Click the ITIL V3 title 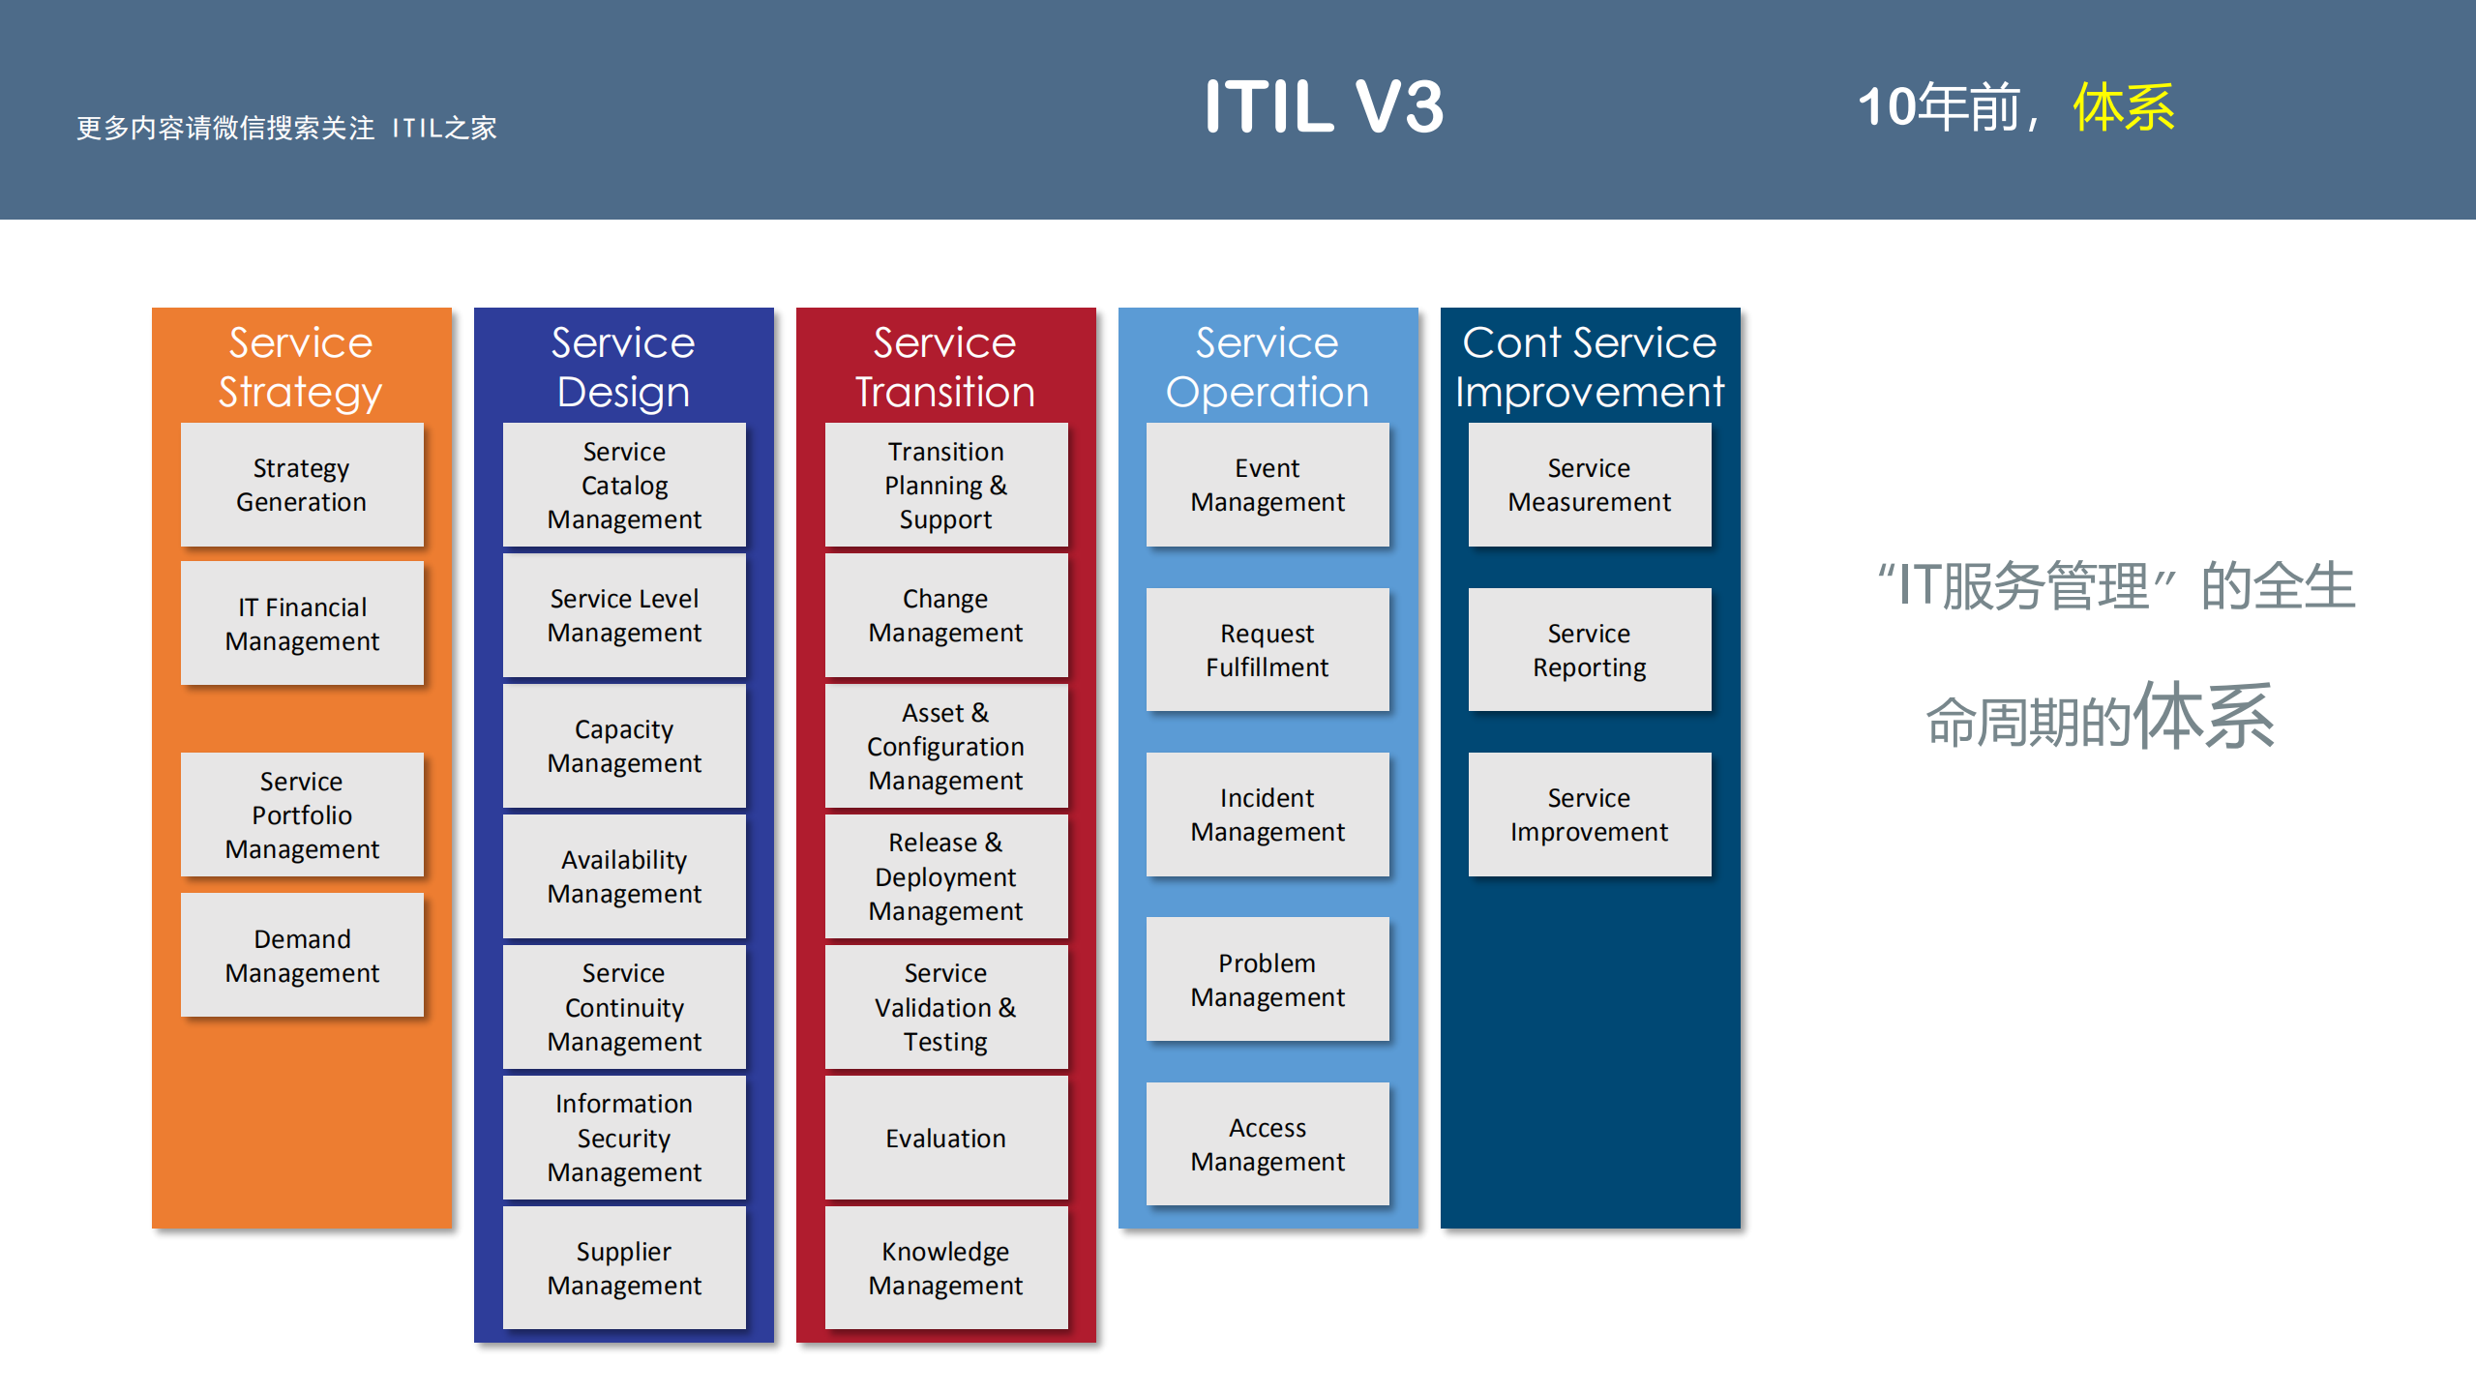(x=1323, y=106)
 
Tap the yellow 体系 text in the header (x=2123, y=106)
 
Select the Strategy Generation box (x=302, y=485)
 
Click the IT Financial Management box (x=302, y=624)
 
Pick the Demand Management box (x=302, y=956)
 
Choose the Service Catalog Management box (x=624, y=485)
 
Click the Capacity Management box (x=624, y=746)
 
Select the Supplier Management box (x=624, y=1268)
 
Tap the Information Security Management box (x=624, y=1138)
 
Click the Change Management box (x=945, y=615)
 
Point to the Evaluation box (x=945, y=1138)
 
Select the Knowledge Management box (x=945, y=1268)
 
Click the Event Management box (x=1268, y=485)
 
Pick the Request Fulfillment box (x=1268, y=650)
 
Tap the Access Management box (x=1268, y=1144)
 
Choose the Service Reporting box (x=1589, y=650)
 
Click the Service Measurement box (x=1589, y=485)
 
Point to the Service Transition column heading (x=945, y=368)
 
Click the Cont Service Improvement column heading (x=1589, y=368)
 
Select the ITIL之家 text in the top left (x=444, y=129)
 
